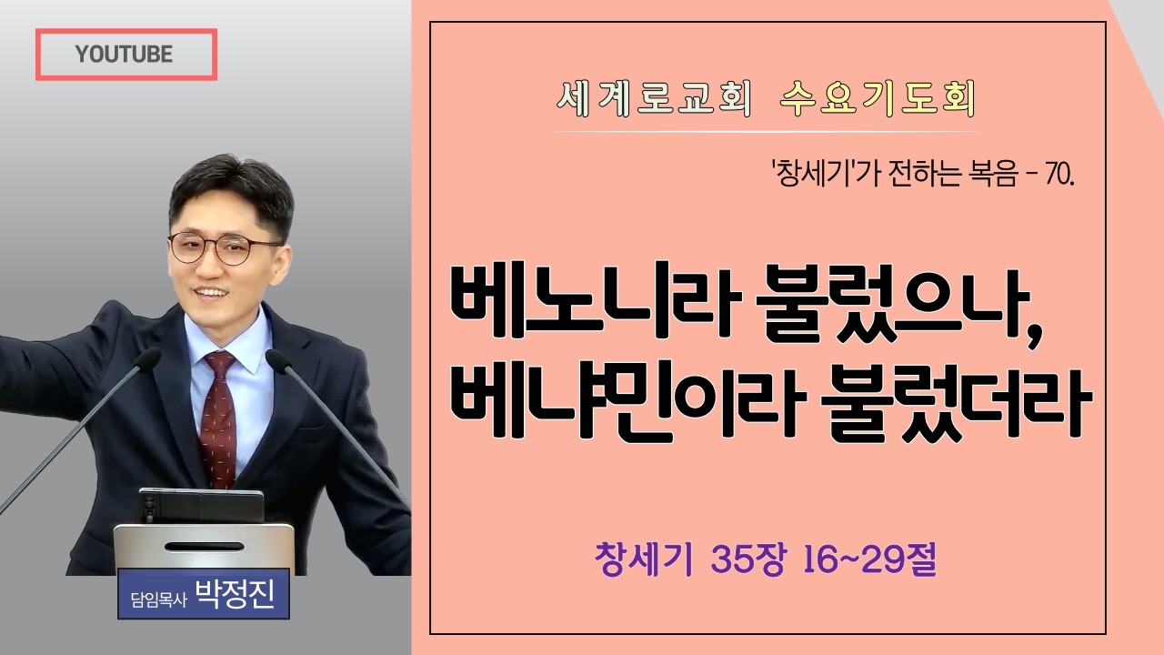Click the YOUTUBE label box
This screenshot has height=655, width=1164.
(125, 55)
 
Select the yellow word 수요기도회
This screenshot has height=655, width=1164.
(878, 100)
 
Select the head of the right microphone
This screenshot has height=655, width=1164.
(277, 360)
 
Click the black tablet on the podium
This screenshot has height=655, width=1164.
(201, 506)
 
